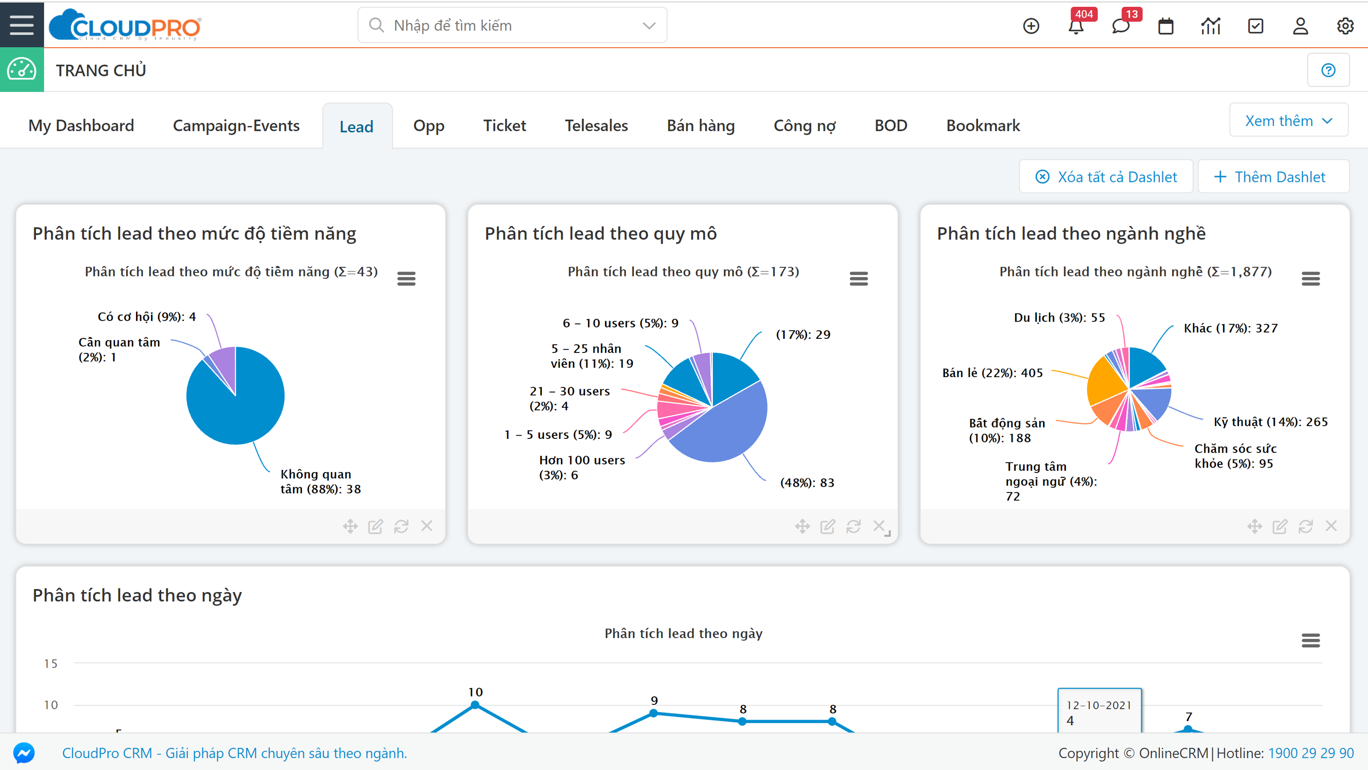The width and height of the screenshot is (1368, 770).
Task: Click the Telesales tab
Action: [x=596, y=126]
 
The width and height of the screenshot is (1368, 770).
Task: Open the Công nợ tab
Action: [x=804, y=126]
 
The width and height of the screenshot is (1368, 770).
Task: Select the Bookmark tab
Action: [x=982, y=126]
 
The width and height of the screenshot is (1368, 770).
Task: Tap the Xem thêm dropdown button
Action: [x=1288, y=121]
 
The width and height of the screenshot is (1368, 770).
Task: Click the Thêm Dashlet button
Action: [x=1273, y=177]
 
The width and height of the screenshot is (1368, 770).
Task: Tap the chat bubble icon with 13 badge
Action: [x=1121, y=26]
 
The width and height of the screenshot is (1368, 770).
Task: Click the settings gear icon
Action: [x=1345, y=26]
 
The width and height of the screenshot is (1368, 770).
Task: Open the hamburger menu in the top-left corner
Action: [x=22, y=25]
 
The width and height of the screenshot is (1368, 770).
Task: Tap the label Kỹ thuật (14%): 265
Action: [x=1270, y=422]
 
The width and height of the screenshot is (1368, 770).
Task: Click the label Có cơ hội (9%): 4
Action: [x=146, y=317]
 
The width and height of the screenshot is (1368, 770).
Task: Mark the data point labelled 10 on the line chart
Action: [x=475, y=705]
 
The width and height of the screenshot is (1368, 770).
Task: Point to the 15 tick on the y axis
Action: [x=51, y=663]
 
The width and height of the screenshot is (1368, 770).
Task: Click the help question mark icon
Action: [x=1328, y=70]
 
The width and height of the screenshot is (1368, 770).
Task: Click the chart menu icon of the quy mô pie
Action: [x=858, y=278]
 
